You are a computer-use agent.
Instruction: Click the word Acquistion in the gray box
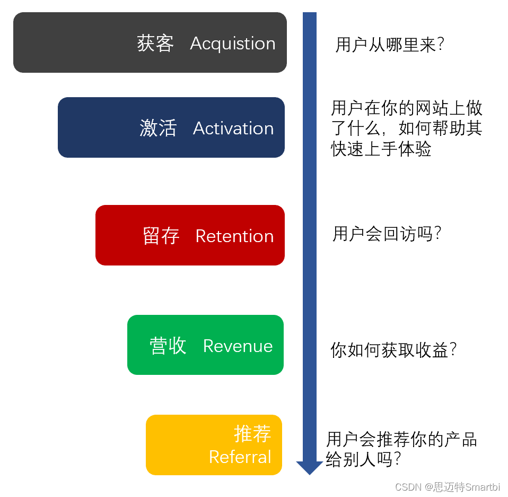coord(232,44)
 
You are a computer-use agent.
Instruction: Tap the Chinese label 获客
coord(155,44)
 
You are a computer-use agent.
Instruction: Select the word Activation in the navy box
coord(233,128)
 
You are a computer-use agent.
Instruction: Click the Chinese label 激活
coord(158,128)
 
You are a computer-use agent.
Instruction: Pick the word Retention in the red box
coord(234,236)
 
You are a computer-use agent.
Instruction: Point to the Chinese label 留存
coord(161,236)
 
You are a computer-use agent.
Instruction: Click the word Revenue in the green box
coord(238,346)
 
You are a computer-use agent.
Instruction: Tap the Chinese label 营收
coord(168,346)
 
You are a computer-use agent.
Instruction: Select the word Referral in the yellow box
coord(240,457)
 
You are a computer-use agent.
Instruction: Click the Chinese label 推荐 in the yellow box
coord(252,434)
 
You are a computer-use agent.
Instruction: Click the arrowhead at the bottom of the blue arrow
coord(309,467)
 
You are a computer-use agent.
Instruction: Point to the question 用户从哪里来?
coord(389,45)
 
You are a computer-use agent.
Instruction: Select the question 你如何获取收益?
coord(393,350)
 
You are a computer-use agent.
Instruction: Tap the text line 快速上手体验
coord(381,149)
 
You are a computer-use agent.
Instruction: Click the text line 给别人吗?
coord(363,459)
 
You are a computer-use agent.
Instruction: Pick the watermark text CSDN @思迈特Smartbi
coord(448,487)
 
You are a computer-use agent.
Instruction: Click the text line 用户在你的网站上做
coord(407,108)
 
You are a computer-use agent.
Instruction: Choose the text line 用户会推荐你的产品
coord(401,440)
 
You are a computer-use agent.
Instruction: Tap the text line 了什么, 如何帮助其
coord(407,129)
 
